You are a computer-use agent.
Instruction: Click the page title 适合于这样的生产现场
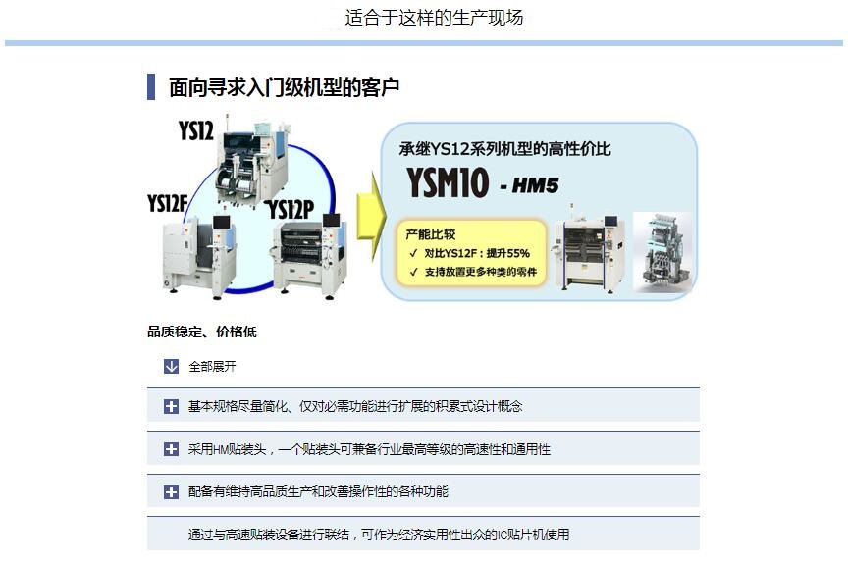434,18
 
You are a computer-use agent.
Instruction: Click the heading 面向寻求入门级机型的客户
285,87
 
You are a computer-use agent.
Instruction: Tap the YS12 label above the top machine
195,130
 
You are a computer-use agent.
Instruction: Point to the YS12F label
167,204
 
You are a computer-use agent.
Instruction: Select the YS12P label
291,209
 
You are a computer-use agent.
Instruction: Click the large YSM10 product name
448,182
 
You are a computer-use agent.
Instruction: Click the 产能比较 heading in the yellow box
431,234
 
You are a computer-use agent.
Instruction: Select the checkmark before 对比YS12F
414,253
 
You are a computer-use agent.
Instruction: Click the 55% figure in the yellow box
517,253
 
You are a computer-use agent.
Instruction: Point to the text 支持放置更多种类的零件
480,272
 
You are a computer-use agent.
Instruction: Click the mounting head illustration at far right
663,252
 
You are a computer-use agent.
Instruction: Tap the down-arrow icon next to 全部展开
171,367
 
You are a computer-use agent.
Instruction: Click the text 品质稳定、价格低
202,331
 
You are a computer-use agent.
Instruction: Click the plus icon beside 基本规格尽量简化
171,406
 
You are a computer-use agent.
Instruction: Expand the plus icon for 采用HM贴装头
171,449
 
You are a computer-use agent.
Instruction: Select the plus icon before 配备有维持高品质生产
171,491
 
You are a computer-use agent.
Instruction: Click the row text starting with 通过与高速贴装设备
379,535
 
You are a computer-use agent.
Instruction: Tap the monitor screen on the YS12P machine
331,220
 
